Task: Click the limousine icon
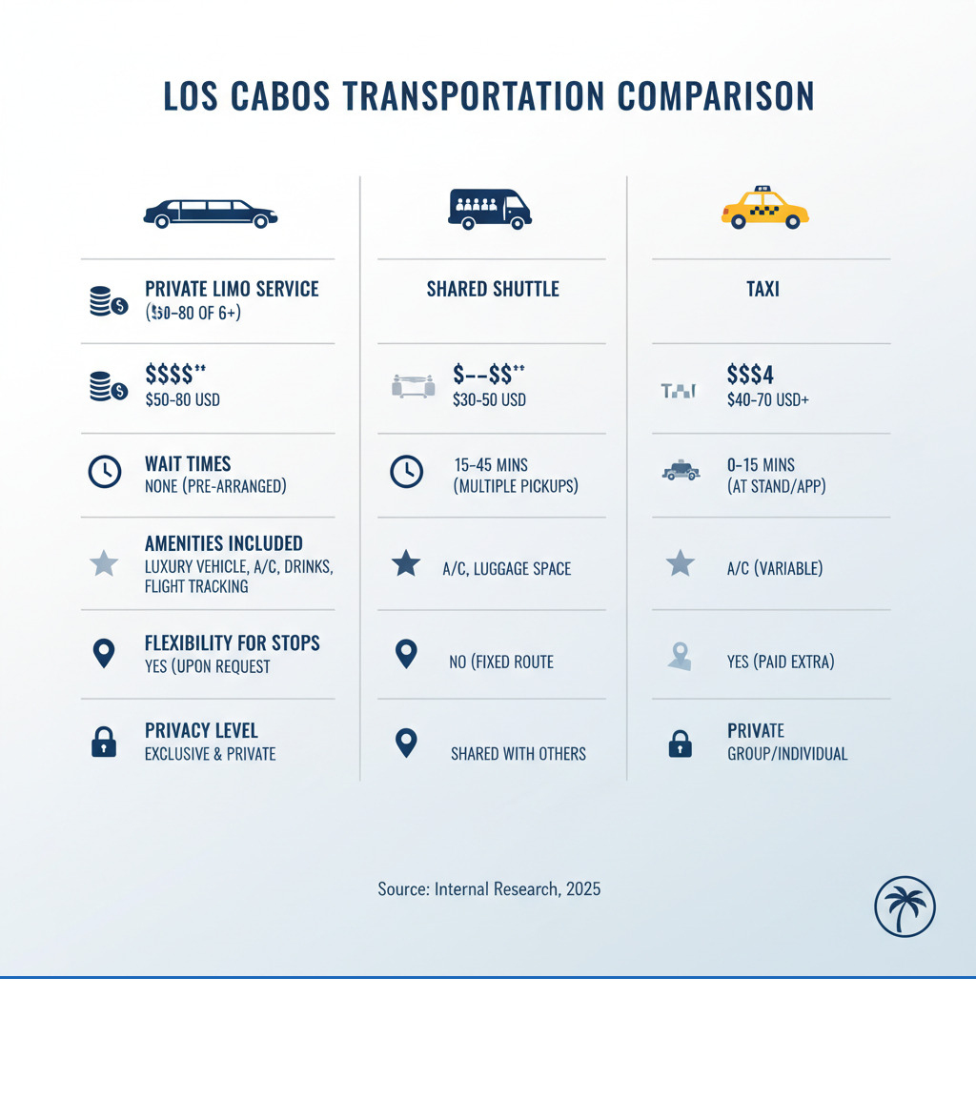click(211, 213)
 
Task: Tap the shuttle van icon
click(489, 209)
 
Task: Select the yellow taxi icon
click(764, 207)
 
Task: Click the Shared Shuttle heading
click(493, 289)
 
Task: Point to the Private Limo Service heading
click(232, 289)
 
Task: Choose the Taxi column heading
click(762, 289)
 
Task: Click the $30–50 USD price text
click(489, 400)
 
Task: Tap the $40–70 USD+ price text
click(767, 400)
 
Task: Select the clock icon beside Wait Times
click(104, 472)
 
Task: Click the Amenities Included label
click(224, 544)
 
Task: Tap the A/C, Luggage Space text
click(506, 569)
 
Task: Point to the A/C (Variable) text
click(774, 569)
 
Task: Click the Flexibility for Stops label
click(232, 643)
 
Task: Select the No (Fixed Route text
click(500, 662)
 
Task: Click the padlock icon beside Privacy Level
click(104, 743)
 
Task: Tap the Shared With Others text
click(518, 754)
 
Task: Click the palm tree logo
click(905, 906)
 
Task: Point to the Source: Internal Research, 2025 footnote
click(489, 889)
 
